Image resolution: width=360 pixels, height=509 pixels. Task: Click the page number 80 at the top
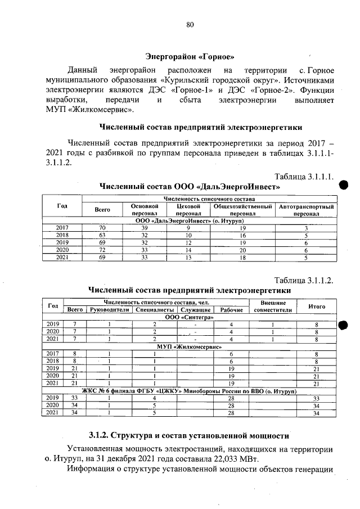(190, 24)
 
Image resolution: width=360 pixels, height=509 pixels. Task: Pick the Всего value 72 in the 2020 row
(102, 250)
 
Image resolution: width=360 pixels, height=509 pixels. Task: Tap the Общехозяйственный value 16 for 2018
(242, 235)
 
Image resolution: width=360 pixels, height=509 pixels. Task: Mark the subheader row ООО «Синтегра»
(190, 317)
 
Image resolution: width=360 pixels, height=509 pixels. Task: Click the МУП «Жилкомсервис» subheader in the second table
(190, 346)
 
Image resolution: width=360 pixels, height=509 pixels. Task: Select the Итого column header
(317, 307)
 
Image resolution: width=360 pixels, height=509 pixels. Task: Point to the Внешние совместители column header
(272, 307)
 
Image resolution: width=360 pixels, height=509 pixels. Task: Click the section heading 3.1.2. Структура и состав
(190, 435)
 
